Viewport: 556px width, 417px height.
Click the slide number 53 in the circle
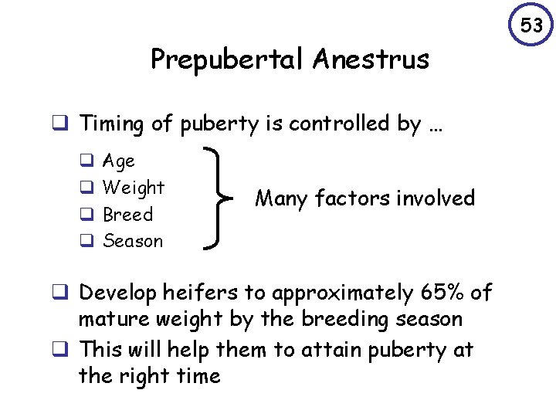pyautogui.click(x=531, y=26)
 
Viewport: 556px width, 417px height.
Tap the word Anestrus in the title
pyautogui.click(x=373, y=59)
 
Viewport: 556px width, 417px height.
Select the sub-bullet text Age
pyautogui.click(x=119, y=161)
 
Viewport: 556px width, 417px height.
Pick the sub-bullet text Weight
pyautogui.click(x=134, y=188)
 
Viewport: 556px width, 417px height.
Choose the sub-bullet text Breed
pyautogui.click(x=128, y=215)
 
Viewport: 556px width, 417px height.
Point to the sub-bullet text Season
pyautogui.click(x=133, y=241)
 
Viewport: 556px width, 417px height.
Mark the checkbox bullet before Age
pyautogui.click(x=86, y=161)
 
